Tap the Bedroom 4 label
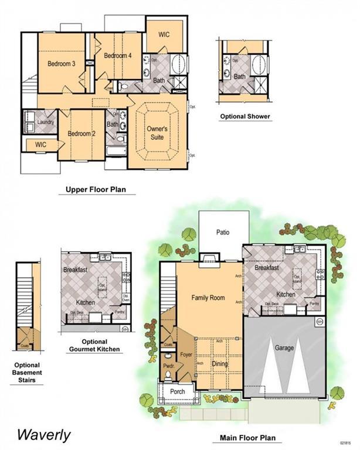tap(118, 56)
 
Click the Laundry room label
tap(45, 122)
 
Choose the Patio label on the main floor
tap(222, 232)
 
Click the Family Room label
tap(208, 298)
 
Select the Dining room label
tap(219, 364)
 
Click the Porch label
tap(177, 391)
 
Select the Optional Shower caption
tap(245, 117)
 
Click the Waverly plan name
tap(43, 435)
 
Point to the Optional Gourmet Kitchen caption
tap(94, 345)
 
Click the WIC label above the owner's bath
tap(164, 35)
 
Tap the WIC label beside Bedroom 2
tap(40, 144)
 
